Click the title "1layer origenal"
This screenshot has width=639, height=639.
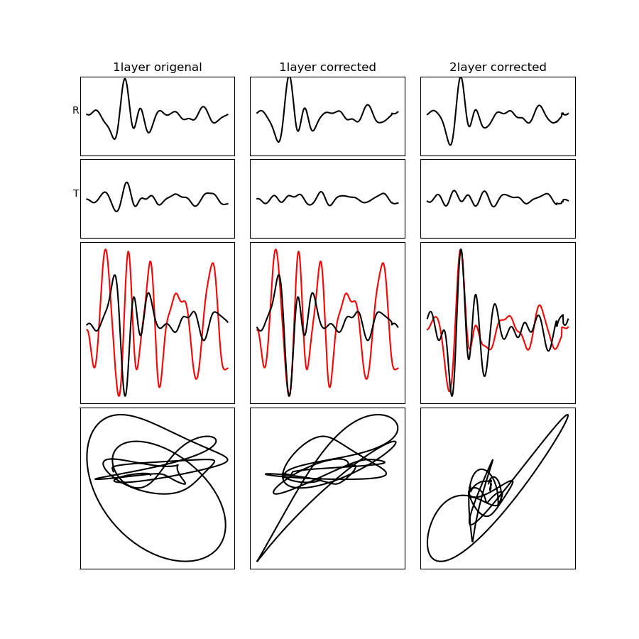point(158,67)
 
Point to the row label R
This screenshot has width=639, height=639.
point(75,110)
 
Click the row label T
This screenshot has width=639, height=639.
point(76,193)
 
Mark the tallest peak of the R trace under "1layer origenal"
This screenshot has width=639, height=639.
point(125,79)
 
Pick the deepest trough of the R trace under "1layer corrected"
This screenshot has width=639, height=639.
point(278,141)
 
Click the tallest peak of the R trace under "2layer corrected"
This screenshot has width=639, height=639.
point(461,77)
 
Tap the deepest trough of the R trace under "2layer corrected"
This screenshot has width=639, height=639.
point(450,144)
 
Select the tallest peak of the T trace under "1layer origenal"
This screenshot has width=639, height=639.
point(127,182)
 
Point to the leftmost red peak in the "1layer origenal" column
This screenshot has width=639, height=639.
point(106,249)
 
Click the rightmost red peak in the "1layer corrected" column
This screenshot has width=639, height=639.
point(383,263)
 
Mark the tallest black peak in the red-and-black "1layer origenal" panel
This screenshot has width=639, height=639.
point(115,275)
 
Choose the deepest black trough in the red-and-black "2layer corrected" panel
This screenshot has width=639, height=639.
point(452,395)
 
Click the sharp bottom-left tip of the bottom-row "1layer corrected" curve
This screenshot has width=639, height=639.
point(257,561)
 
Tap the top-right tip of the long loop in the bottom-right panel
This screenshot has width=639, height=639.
point(568,415)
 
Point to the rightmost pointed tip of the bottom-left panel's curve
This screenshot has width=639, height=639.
point(228,459)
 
